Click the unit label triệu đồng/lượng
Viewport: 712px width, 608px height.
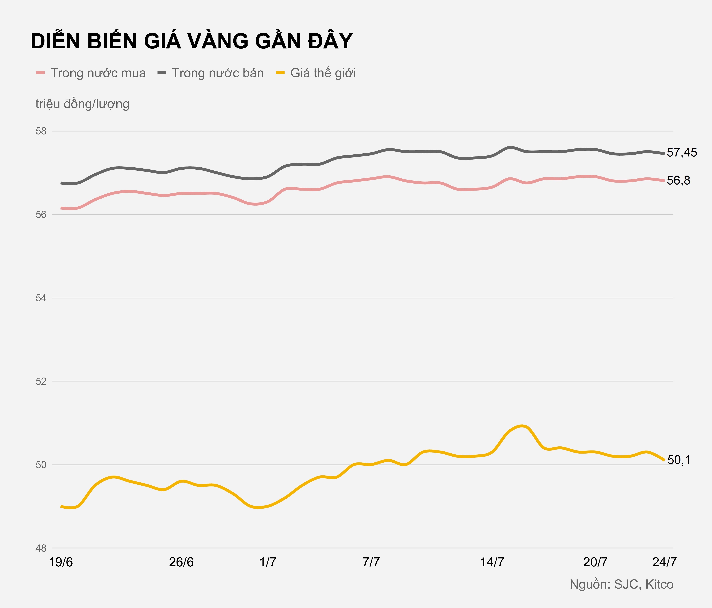(x=82, y=104)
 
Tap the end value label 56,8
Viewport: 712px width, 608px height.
(x=678, y=181)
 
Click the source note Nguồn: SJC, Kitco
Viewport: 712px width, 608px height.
(x=621, y=584)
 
